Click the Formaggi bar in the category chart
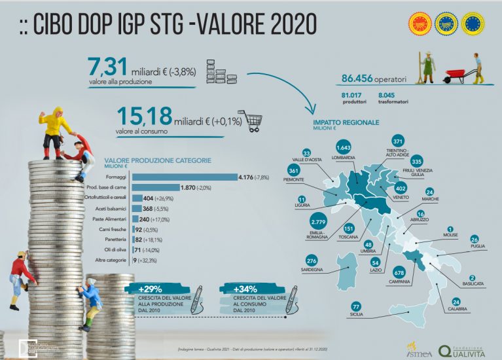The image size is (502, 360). click(185, 177)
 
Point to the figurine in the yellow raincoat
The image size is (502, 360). click(51, 128)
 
